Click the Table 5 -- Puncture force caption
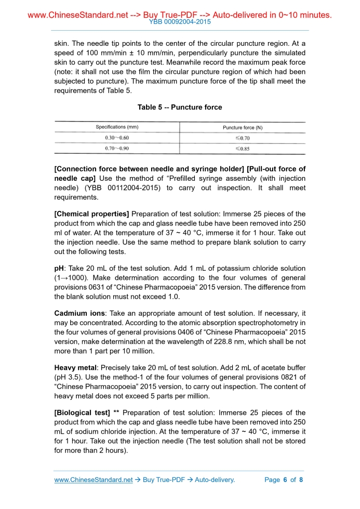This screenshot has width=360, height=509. pyautogui.click(x=180, y=108)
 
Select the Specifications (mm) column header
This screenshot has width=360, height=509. pyautogui.click(x=117, y=127)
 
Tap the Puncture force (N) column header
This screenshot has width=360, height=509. pyautogui.click(x=243, y=127)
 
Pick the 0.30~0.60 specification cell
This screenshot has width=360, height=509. pyautogui.click(x=117, y=138)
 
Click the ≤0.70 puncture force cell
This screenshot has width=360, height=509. pyautogui.click(x=243, y=138)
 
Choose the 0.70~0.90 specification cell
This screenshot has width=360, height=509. pyautogui.click(x=117, y=148)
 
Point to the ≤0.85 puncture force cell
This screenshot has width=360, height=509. pyautogui.click(x=243, y=148)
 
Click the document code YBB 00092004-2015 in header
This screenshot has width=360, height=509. pyautogui.click(x=180, y=22)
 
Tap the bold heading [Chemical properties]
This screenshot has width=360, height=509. pyautogui.click(x=92, y=214)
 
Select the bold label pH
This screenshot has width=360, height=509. pyautogui.click(x=59, y=268)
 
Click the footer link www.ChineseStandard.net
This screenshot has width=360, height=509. pyautogui.click(x=94, y=480)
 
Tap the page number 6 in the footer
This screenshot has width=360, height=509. pyautogui.click(x=285, y=480)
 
